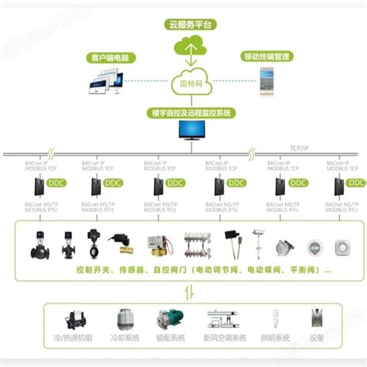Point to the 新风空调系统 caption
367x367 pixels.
225,338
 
